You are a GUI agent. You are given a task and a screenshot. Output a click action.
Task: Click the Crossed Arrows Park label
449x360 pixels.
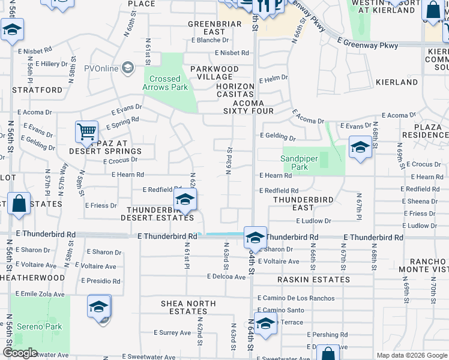pos(165,83)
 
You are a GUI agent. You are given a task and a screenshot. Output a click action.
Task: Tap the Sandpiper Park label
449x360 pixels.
pos(303,163)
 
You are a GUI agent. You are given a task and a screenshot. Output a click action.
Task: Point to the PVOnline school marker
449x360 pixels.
pos(127,67)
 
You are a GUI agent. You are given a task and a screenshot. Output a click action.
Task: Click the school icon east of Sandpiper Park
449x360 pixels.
pos(360,148)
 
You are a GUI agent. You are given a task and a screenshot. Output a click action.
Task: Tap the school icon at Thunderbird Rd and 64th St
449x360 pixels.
pos(255,238)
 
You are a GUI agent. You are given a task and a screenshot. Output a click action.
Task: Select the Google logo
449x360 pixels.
pos(20,353)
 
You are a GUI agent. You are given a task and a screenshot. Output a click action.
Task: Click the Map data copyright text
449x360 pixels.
pos(412,355)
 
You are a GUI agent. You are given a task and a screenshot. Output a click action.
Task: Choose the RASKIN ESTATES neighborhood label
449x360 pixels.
pos(313,280)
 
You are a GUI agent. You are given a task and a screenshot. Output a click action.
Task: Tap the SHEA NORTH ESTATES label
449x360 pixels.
pos(188,307)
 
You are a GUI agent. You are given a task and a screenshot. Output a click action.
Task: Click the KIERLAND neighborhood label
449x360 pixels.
pos(397,82)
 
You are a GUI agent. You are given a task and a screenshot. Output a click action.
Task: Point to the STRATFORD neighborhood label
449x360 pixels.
pos(37,90)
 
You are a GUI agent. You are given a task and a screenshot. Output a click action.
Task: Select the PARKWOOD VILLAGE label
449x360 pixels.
pos(214,73)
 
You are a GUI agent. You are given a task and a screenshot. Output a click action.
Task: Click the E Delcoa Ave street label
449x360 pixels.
pos(226,277)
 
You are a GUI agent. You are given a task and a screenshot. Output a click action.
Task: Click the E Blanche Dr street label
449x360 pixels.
pos(210,40)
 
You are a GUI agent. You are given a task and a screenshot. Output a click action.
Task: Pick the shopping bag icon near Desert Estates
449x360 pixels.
pos(19,203)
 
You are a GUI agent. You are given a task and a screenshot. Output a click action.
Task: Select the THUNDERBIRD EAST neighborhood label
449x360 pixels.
pos(303,203)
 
